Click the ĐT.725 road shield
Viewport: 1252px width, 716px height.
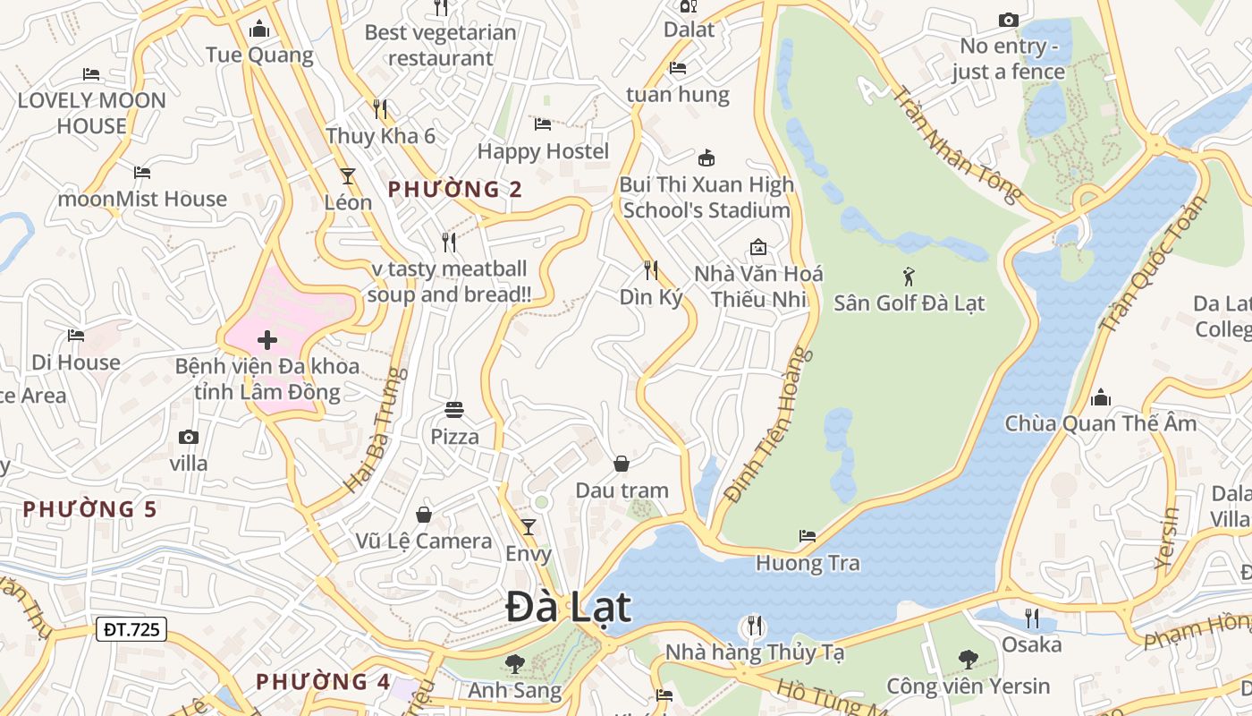pyautogui.click(x=131, y=629)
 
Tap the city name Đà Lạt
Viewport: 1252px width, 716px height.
pyautogui.click(x=569, y=608)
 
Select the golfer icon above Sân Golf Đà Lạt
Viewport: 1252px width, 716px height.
pyautogui.click(x=909, y=277)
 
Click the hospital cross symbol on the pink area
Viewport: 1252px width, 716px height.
pyautogui.click(x=266, y=340)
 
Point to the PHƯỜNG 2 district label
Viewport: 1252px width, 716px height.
pyautogui.click(x=455, y=190)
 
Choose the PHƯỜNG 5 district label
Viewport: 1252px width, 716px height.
pyautogui.click(x=89, y=509)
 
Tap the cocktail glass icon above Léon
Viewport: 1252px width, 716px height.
pyautogui.click(x=348, y=176)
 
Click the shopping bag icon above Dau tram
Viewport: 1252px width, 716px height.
pyautogui.click(x=622, y=464)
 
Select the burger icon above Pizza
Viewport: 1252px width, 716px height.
pyautogui.click(x=454, y=411)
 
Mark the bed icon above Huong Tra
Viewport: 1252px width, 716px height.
pyautogui.click(x=808, y=536)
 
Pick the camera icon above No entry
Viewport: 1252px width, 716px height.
pyautogui.click(x=1008, y=20)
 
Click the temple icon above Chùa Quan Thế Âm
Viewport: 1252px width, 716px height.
pyautogui.click(x=1101, y=397)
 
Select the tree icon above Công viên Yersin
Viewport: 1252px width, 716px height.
pyautogui.click(x=968, y=660)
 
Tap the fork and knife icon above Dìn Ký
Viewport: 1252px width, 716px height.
pyautogui.click(x=651, y=269)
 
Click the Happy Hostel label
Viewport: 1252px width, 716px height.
pyautogui.click(x=543, y=151)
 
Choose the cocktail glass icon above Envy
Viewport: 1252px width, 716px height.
pyautogui.click(x=529, y=527)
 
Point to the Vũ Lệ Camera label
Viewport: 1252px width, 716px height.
pyautogui.click(x=424, y=541)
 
